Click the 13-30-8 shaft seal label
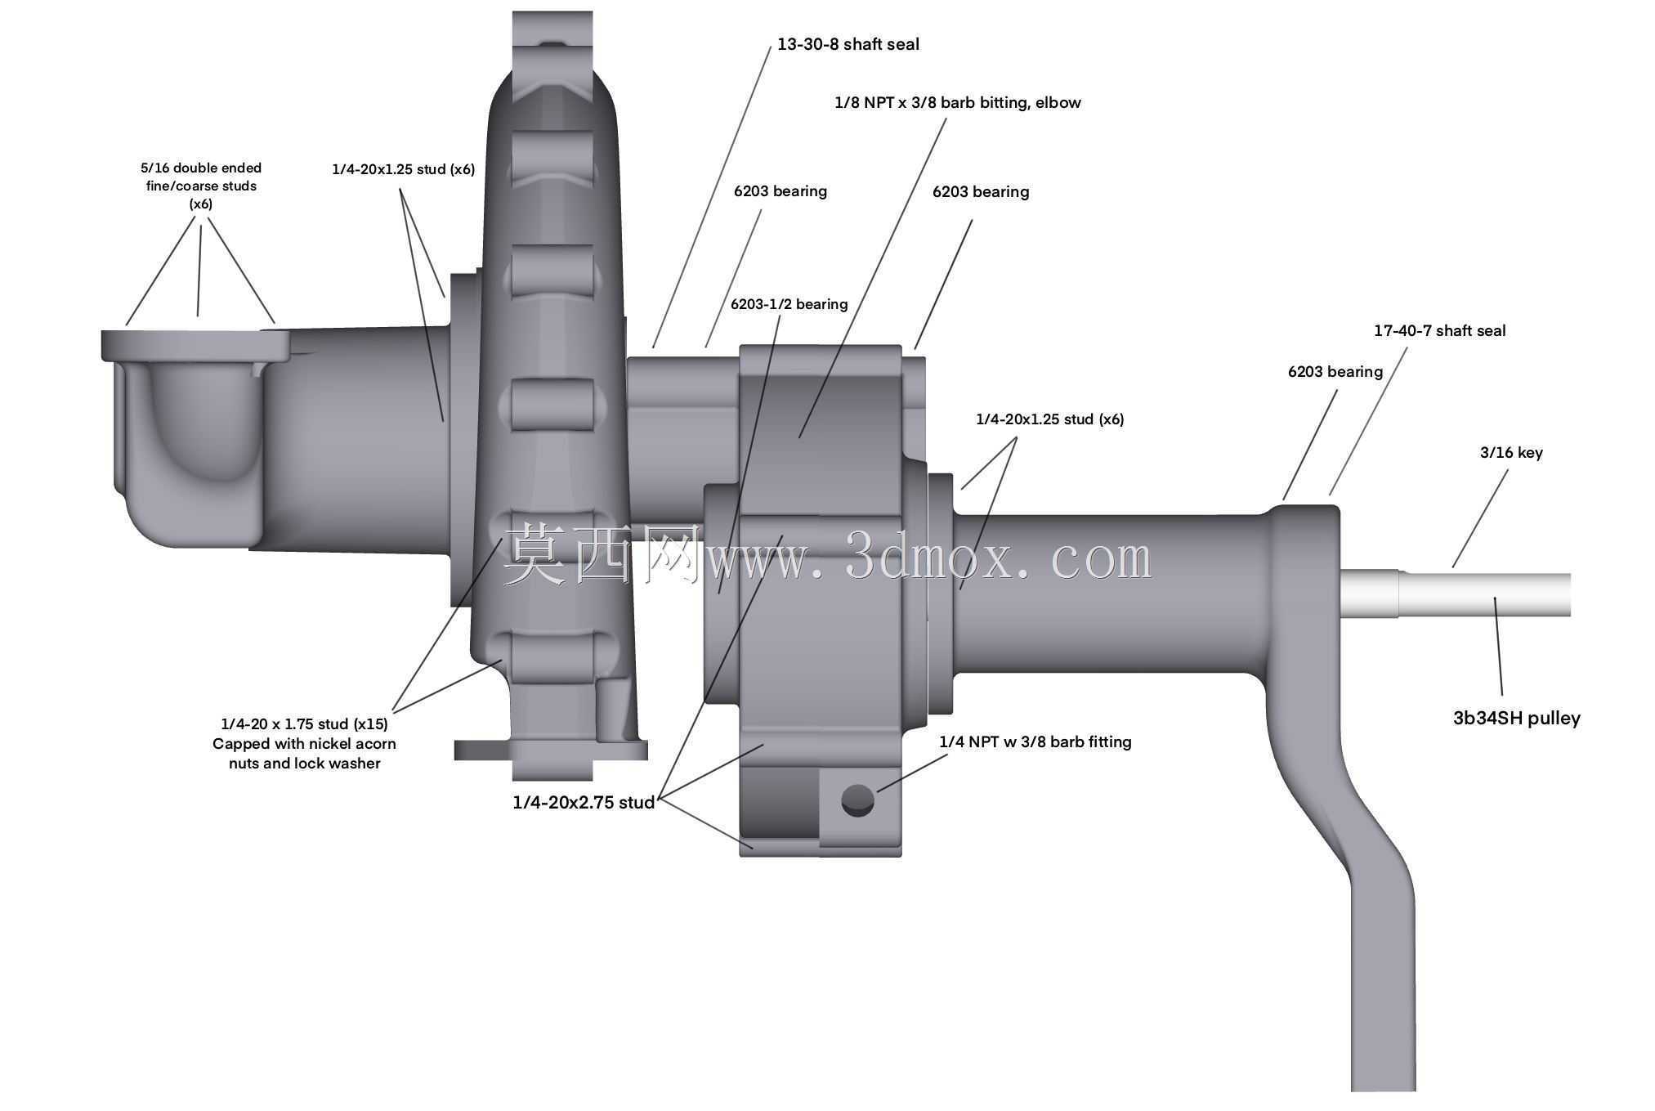coord(848,44)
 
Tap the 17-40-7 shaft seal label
coord(1439,330)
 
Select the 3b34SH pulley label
coord(1516,718)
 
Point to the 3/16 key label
coord(1511,452)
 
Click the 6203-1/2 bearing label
coord(789,304)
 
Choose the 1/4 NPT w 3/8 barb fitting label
coord(1035,741)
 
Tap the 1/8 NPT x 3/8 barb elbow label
coord(957,102)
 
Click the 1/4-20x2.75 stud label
coord(584,802)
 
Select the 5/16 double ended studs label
coord(201,186)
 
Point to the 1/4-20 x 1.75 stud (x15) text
coord(304,723)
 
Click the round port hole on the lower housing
coord(857,800)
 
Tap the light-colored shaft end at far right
coord(1455,594)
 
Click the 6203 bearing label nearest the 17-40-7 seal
coord(1335,371)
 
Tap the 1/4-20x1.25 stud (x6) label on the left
coord(403,169)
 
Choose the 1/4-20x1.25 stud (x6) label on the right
coord(1049,419)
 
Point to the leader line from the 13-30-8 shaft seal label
coord(712,197)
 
